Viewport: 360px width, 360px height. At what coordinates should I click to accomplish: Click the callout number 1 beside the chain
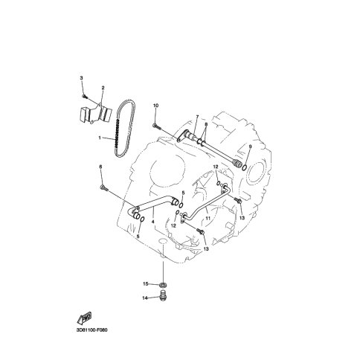(x=100, y=138)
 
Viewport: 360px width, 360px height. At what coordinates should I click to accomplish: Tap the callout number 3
(x=81, y=78)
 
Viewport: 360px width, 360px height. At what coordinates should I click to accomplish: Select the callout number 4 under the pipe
(x=152, y=222)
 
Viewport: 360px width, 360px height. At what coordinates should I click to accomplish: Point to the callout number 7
(x=197, y=116)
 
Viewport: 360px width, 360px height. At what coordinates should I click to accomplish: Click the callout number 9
(x=250, y=147)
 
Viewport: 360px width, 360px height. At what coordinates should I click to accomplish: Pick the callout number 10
(x=155, y=106)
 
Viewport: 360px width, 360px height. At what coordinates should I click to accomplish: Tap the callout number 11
(x=208, y=218)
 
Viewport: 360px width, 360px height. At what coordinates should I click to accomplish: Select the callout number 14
(x=144, y=298)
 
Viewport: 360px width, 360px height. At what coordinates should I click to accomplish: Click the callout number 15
(x=145, y=283)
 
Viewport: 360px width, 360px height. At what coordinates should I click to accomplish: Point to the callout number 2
(x=103, y=88)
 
